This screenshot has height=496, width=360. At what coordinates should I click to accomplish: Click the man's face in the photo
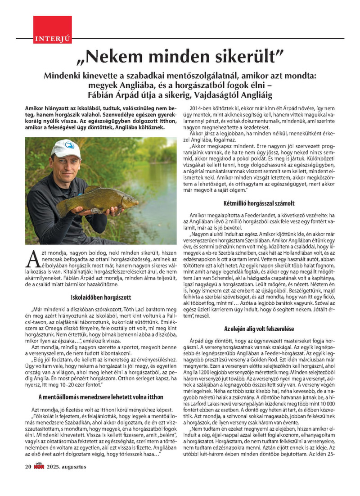tap(66, 165)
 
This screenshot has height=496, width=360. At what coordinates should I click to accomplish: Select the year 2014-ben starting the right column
tap(200, 109)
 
